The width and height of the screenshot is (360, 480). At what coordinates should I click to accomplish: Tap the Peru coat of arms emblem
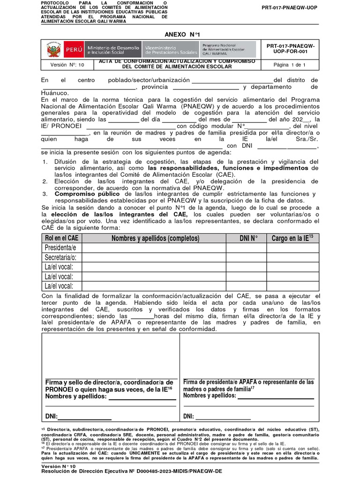(52, 50)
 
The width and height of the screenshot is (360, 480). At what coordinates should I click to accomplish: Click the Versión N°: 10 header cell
(67, 65)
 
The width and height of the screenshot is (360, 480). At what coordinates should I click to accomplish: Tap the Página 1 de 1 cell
(289, 65)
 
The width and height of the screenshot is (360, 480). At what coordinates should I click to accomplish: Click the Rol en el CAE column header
(61, 238)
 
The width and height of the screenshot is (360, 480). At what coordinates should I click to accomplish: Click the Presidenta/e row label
(60, 247)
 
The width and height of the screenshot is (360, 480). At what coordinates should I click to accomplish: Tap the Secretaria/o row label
(60, 257)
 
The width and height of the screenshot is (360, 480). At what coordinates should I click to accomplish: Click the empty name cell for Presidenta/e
(154, 247)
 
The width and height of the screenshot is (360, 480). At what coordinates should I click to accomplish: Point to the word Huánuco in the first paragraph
(55, 93)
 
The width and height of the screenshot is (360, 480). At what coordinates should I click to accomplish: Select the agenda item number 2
(45, 181)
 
